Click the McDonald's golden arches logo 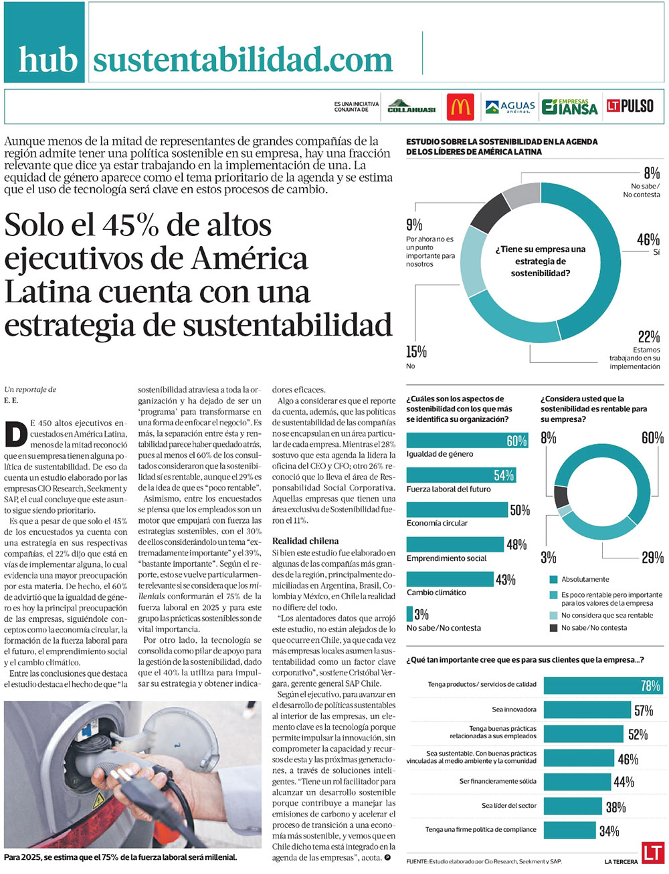[x=460, y=106]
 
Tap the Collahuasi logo [x=411, y=106]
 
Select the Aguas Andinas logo [x=510, y=106]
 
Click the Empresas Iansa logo [x=570, y=107]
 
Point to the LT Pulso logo [x=630, y=106]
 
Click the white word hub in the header [x=47, y=60]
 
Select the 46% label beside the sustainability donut [x=648, y=239]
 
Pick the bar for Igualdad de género [x=467, y=440]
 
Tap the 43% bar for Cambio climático [x=450, y=579]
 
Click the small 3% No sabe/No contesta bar [x=409, y=614]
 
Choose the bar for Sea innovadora [x=587, y=709]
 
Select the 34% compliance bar [x=569, y=830]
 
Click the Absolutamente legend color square [x=553, y=579]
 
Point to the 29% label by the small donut [x=652, y=558]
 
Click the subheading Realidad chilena [x=305, y=540]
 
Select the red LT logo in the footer [x=652, y=853]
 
